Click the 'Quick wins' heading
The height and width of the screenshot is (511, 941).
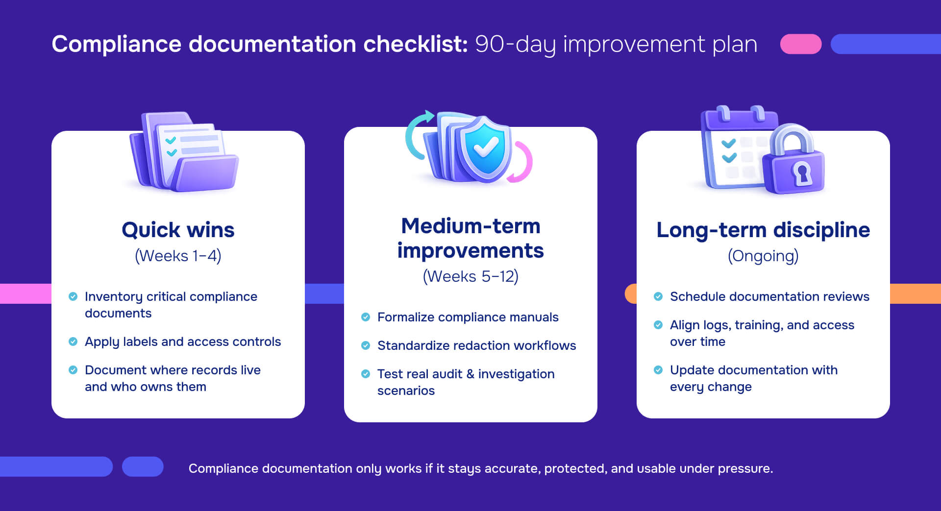[178, 230]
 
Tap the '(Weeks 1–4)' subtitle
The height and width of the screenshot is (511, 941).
[178, 256]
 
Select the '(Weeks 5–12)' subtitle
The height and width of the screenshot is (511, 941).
[470, 276]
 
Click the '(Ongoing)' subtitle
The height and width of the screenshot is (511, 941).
[763, 256]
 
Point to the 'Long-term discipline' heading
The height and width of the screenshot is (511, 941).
[763, 230]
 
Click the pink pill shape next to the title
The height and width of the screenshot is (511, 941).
[801, 44]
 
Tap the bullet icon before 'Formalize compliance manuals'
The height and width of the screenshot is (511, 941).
[366, 317]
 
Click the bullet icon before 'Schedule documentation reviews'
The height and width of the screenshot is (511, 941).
[658, 296]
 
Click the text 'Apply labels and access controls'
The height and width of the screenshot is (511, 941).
[183, 341]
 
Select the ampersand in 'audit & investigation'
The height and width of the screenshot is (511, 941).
[470, 374]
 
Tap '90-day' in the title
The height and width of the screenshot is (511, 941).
[515, 44]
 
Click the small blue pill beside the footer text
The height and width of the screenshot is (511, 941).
[143, 466]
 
